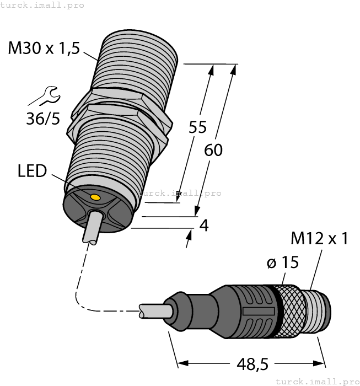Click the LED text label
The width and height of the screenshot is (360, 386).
(x=31, y=171)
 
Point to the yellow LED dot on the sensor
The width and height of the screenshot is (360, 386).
(x=95, y=197)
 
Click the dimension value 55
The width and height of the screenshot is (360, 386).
(x=197, y=127)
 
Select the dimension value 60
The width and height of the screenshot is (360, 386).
(x=213, y=149)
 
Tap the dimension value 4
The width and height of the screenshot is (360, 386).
(x=203, y=226)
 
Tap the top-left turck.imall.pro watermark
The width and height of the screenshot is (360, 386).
(x=42, y=5)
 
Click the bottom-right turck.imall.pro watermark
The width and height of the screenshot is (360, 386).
(x=316, y=381)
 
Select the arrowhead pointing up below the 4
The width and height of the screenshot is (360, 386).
(x=190, y=236)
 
